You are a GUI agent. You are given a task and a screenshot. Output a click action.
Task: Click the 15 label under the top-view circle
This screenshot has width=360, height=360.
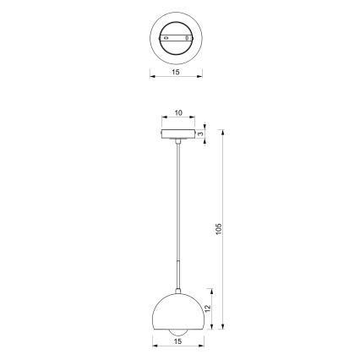tap(176, 73)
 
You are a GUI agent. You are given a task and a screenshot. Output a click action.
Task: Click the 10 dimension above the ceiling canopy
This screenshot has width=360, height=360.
tap(177, 112)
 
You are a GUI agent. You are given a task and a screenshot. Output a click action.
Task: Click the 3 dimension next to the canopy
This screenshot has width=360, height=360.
tap(202, 133)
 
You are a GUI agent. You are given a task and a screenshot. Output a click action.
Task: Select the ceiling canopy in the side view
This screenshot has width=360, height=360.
tap(177, 133)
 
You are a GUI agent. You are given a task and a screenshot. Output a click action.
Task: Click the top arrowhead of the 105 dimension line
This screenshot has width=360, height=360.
tap(222, 131)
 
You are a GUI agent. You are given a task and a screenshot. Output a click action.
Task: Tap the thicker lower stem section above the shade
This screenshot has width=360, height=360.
tap(177, 275)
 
